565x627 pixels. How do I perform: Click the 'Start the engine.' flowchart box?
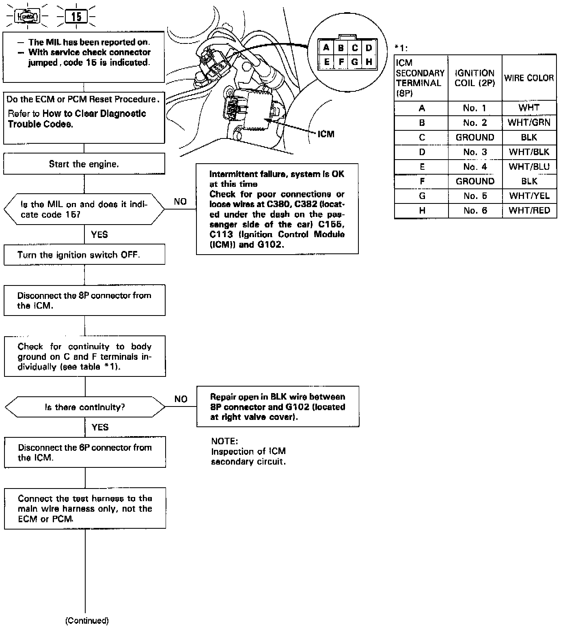(x=84, y=164)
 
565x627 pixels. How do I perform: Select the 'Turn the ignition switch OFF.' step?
(x=84, y=255)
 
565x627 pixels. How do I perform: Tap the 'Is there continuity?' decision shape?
(x=84, y=407)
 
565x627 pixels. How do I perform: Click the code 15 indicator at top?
(x=76, y=17)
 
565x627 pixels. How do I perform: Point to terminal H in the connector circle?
(x=369, y=62)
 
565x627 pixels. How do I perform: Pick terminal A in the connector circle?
(x=326, y=48)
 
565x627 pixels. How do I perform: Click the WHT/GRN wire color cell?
(x=529, y=123)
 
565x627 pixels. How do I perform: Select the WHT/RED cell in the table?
(x=529, y=210)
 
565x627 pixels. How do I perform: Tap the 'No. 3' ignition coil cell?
(x=474, y=152)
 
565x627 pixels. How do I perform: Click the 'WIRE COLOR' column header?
(x=529, y=78)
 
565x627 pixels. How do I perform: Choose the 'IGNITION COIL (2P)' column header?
(x=474, y=78)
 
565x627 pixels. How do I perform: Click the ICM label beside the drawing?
(x=326, y=134)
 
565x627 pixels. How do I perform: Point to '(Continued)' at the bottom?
(x=87, y=621)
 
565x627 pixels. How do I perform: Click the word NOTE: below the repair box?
(x=224, y=441)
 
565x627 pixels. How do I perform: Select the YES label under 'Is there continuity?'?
(x=100, y=427)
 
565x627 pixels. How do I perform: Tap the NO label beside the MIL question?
(x=180, y=202)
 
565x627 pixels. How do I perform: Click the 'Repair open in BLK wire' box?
(x=278, y=406)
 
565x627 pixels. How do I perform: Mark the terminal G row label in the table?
(x=422, y=196)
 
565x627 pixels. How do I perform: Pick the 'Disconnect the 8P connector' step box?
(x=84, y=301)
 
